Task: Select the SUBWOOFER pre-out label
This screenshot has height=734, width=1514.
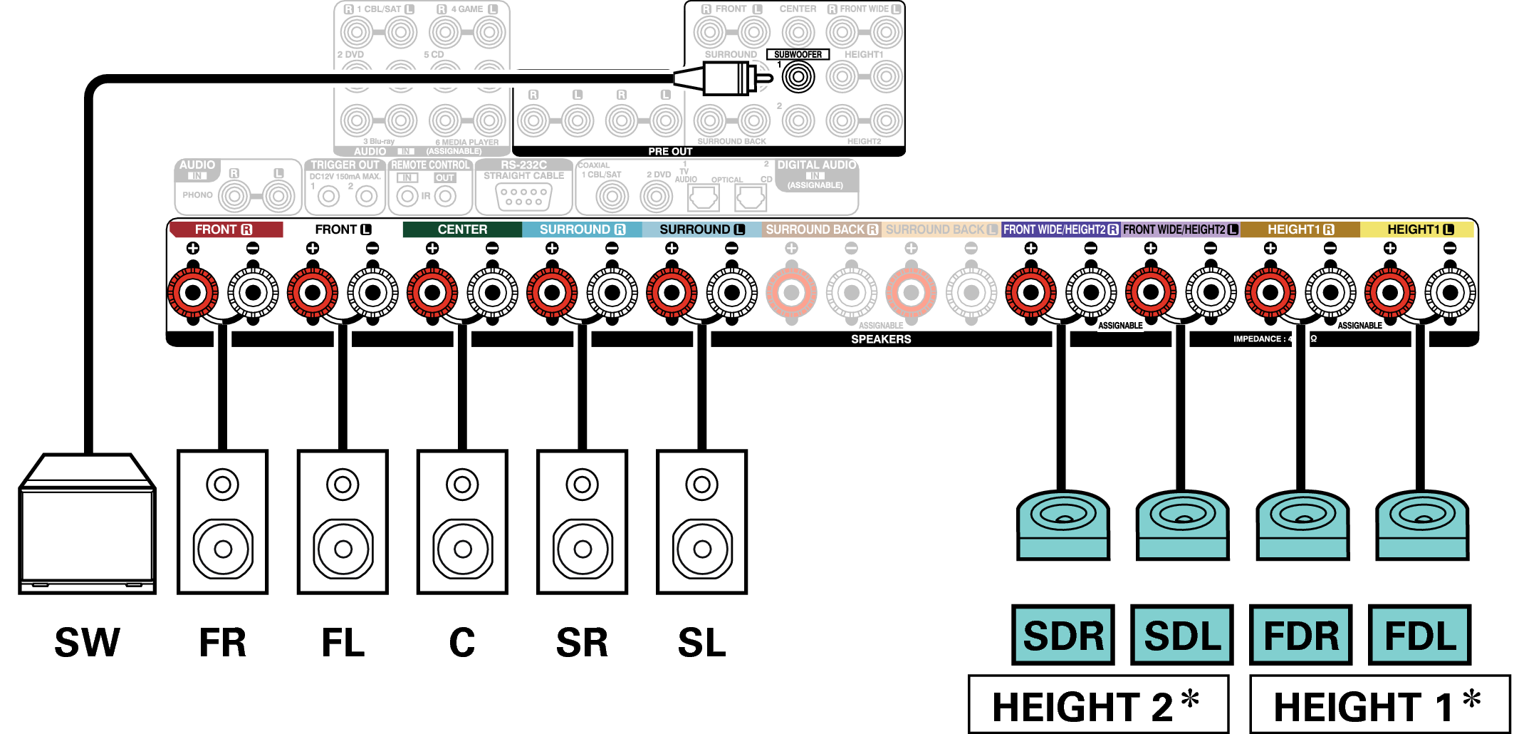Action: (798, 54)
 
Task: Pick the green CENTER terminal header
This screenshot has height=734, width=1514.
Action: (462, 229)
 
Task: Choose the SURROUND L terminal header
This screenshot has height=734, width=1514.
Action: (701, 229)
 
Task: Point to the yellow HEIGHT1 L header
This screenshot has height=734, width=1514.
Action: (1420, 229)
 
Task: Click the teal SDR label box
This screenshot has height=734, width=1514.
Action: (1063, 635)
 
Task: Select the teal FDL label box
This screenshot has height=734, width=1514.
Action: (1420, 635)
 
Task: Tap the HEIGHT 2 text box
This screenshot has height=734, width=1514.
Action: (1098, 705)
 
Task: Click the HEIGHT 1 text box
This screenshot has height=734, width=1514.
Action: (1379, 705)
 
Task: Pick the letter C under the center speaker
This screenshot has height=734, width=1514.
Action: (462, 642)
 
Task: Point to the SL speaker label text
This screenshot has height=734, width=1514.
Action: (701, 642)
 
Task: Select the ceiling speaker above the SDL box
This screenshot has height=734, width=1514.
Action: (1182, 524)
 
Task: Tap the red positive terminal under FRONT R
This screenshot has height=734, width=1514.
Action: (193, 292)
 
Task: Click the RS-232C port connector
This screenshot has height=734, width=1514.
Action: (523, 197)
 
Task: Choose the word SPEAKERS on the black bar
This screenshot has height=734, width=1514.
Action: (881, 339)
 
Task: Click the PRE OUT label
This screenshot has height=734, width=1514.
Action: (670, 151)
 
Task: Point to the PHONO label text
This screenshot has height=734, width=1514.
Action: (197, 195)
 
